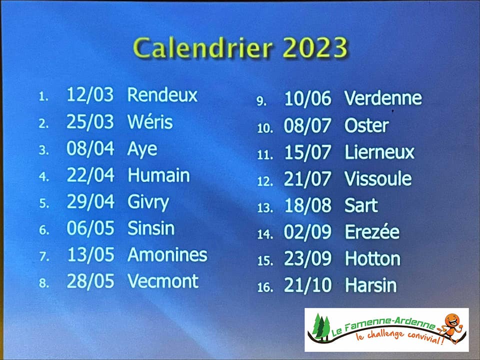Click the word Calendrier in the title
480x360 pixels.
coord(202,48)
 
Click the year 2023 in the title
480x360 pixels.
coord(315,48)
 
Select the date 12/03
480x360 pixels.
coord(90,94)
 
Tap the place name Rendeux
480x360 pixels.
coord(162,94)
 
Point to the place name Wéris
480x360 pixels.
coord(150,121)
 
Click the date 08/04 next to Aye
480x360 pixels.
coord(90,148)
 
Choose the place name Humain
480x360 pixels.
coord(159,175)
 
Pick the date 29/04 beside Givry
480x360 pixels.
coord(90,202)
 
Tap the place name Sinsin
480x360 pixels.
coord(151,228)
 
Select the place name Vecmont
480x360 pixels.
coord(163,281)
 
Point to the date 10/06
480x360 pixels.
coord(307,98)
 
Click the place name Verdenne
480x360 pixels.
coord(383,98)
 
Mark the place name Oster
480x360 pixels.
coord(366,125)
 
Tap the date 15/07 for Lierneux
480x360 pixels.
coord(307,152)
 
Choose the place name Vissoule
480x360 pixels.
coord(378,179)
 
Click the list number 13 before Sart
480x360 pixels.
coord(265,208)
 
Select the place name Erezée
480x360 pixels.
coord(372,231)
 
